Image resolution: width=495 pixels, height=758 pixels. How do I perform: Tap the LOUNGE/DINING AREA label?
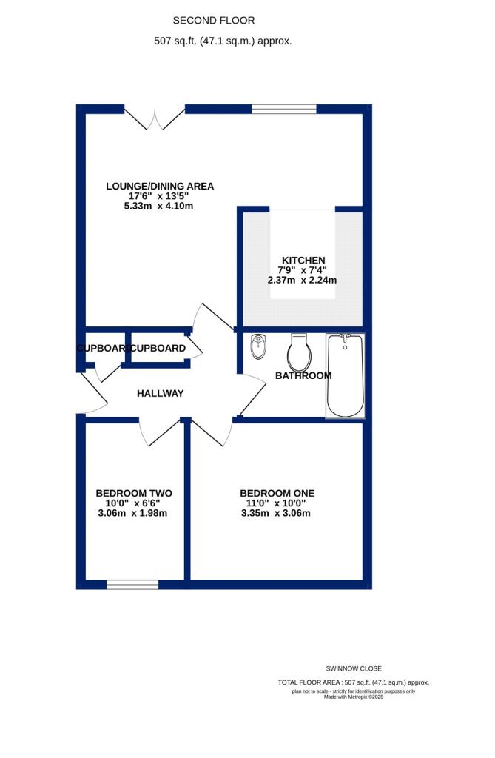(160, 186)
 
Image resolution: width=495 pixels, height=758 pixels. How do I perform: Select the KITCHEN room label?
(302, 260)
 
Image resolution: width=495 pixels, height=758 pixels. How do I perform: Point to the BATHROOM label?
(303, 375)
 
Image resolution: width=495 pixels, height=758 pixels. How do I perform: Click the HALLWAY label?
(160, 393)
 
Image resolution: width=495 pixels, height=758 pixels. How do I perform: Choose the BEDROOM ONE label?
(277, 493)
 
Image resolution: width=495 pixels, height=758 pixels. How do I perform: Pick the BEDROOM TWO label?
(134, 493)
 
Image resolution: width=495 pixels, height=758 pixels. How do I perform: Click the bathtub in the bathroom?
(346, 375)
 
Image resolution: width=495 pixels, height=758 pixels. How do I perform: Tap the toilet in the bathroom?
(299, 352)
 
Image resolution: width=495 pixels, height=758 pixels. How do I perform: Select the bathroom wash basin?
(258, 346)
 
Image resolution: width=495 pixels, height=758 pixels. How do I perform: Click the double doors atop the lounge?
(154, 118)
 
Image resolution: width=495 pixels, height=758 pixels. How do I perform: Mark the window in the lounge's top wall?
(284, 110)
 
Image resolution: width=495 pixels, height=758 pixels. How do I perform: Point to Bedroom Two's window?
(132, 585)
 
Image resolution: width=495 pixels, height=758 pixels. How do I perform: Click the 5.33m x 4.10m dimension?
(159, 206)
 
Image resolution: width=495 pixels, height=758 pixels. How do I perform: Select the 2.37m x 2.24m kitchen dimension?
(302, 281)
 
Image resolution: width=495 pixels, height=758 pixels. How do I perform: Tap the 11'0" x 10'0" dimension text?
(277, 503)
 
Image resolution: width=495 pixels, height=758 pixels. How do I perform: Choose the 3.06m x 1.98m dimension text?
(133, 514)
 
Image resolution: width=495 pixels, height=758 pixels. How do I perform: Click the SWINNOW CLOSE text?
(354, 668)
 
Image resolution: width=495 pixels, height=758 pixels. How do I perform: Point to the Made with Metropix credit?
(354, 697)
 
